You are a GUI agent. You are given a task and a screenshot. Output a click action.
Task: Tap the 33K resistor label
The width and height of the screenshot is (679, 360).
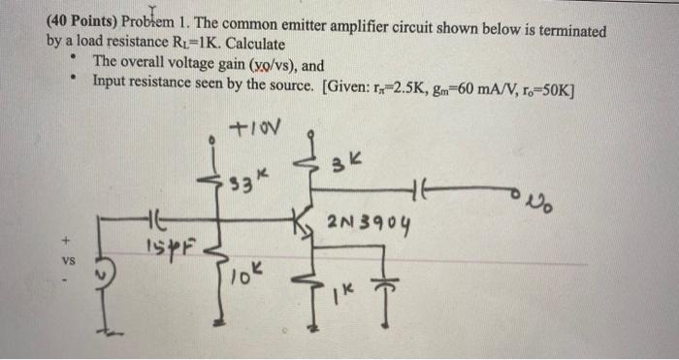pyautogui.click(x=244, y=181)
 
